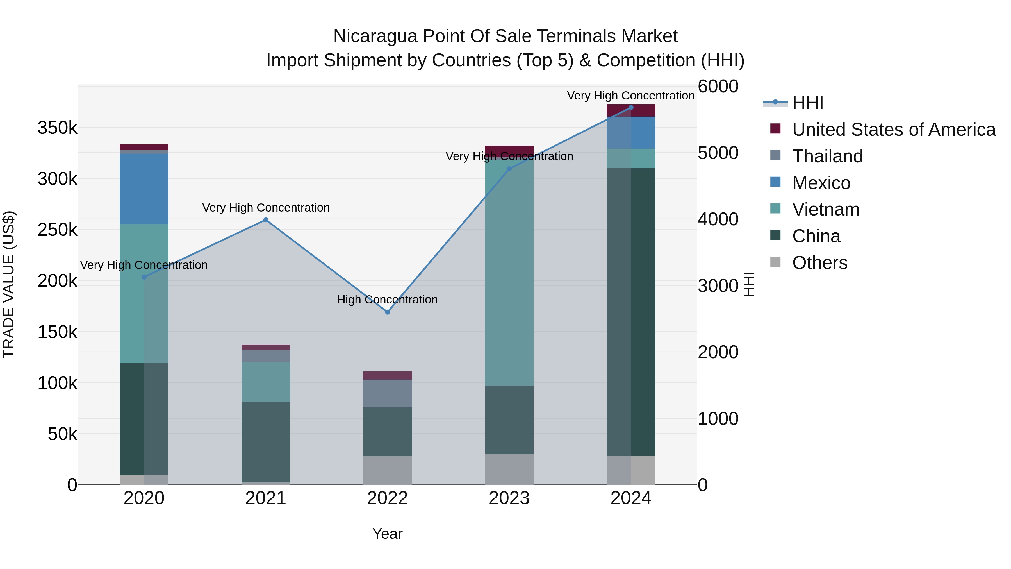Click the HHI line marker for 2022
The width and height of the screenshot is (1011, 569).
point(387,312)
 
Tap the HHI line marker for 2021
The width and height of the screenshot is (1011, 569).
point(266,220)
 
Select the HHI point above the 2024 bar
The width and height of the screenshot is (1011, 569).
point(631,108)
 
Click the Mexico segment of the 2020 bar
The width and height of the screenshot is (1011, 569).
point(144,189)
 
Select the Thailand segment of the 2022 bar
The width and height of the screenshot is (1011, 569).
point(387,393)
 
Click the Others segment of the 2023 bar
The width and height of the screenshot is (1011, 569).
point(509,469)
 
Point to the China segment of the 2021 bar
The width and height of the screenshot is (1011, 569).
point(266,442)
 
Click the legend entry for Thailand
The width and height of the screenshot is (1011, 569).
point(827,156)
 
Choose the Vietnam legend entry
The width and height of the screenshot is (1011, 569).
point(825,209)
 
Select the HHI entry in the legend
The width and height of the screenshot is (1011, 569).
point(808,103)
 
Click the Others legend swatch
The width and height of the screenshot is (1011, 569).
point(775,262)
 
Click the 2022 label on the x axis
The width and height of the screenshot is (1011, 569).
point(387,498)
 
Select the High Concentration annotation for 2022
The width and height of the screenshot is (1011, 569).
point(387,300)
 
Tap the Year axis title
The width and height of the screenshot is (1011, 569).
point(387,534)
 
